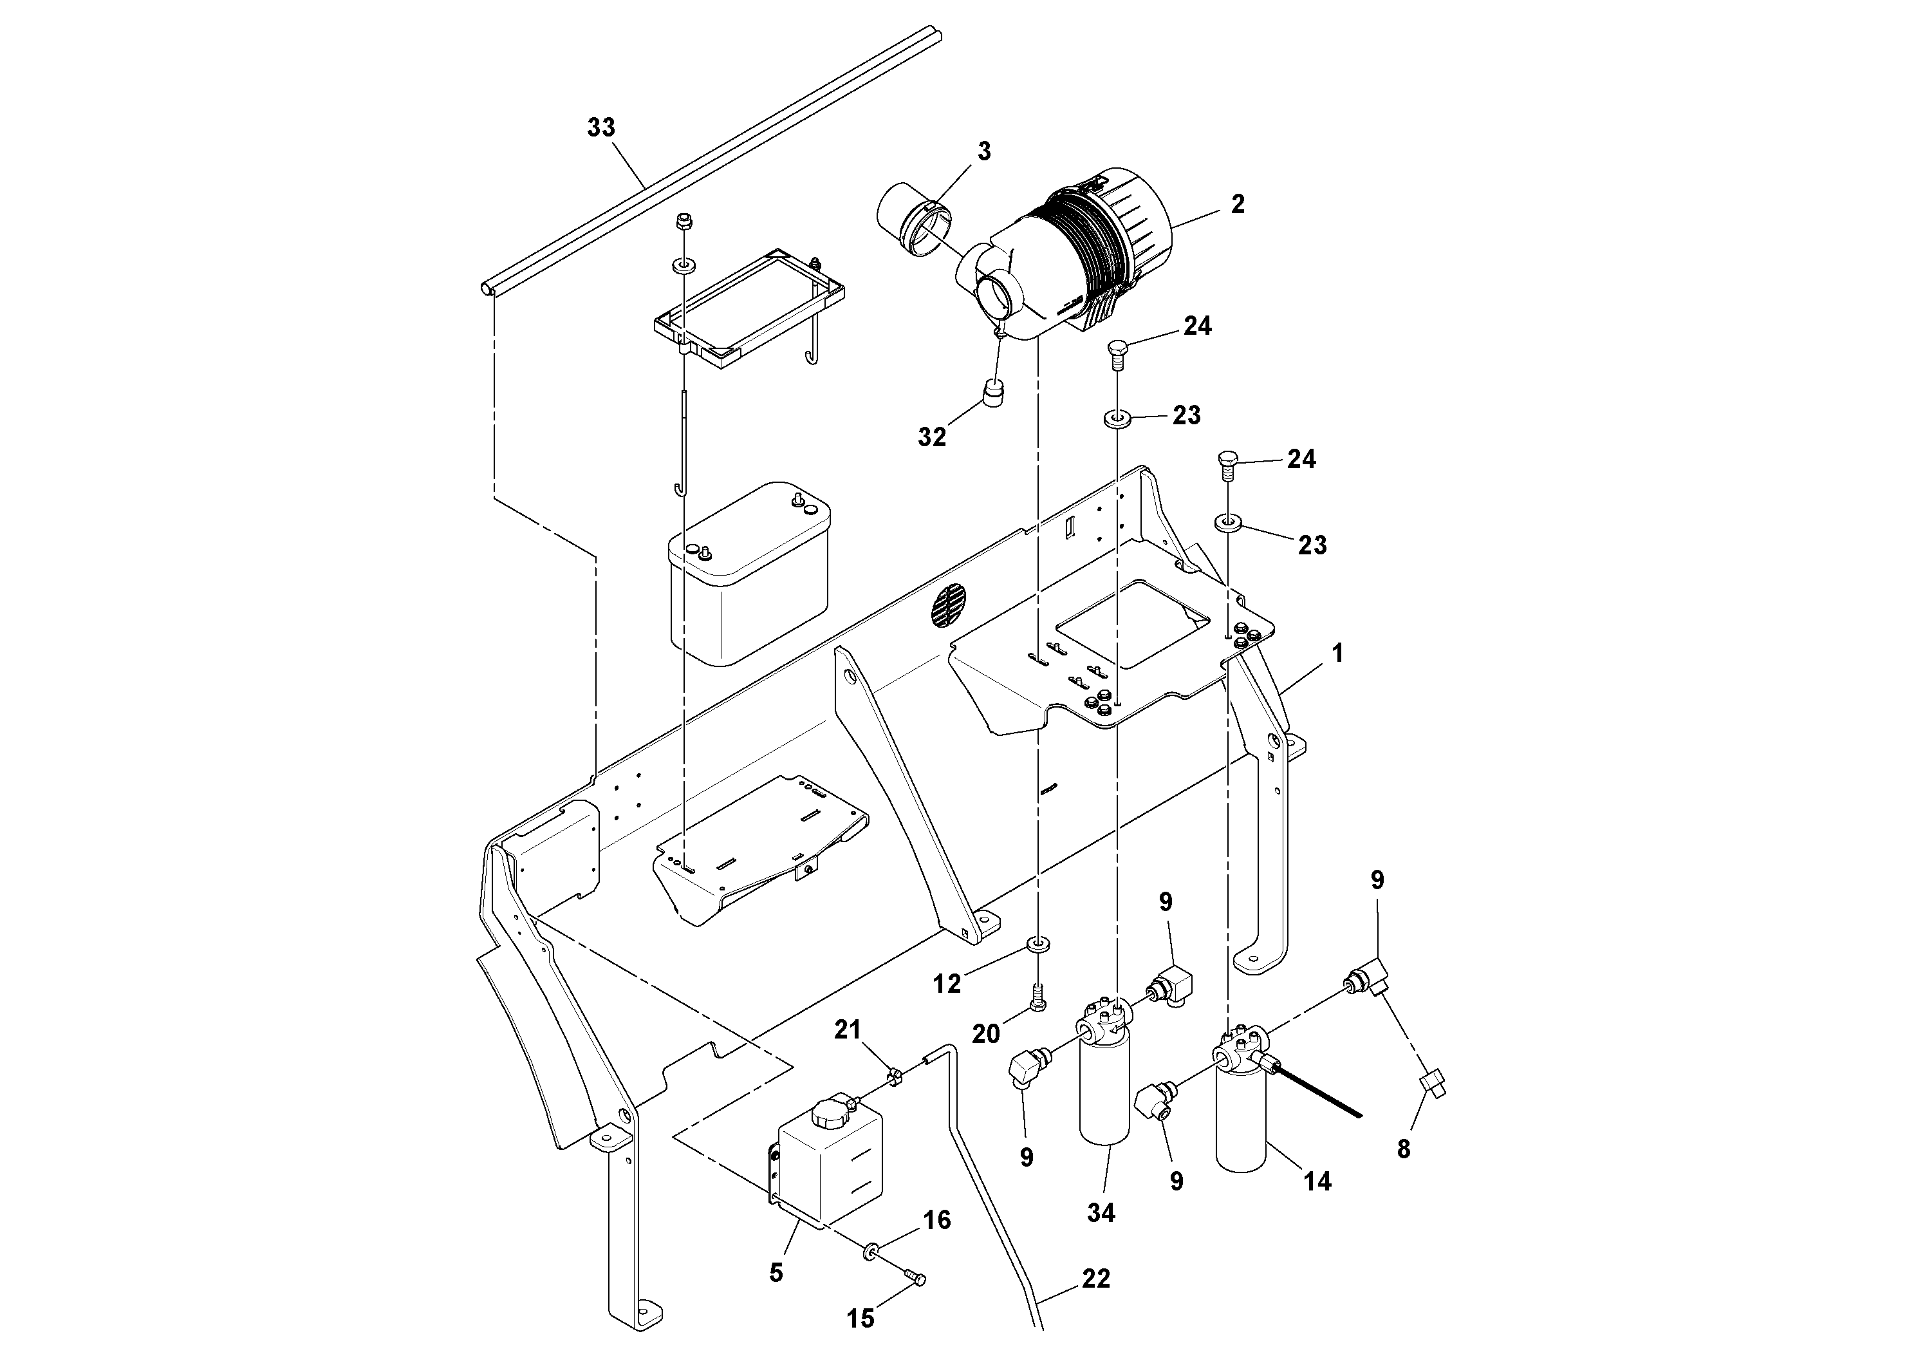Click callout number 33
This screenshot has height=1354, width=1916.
click(x=601, y=127)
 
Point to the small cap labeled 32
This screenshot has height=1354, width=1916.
click(x=993, y=391)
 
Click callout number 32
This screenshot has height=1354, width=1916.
click(x=932, y=437)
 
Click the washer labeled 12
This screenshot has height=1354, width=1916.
click(x=1038, y=944)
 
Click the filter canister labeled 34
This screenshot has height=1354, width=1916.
click(x=1103, y=1089)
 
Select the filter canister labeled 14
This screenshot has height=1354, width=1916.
click(x=1241, y=1118)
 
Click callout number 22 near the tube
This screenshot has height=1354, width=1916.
click(x=1095, y=1279)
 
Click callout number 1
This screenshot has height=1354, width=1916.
click(x=1337, y=653)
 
